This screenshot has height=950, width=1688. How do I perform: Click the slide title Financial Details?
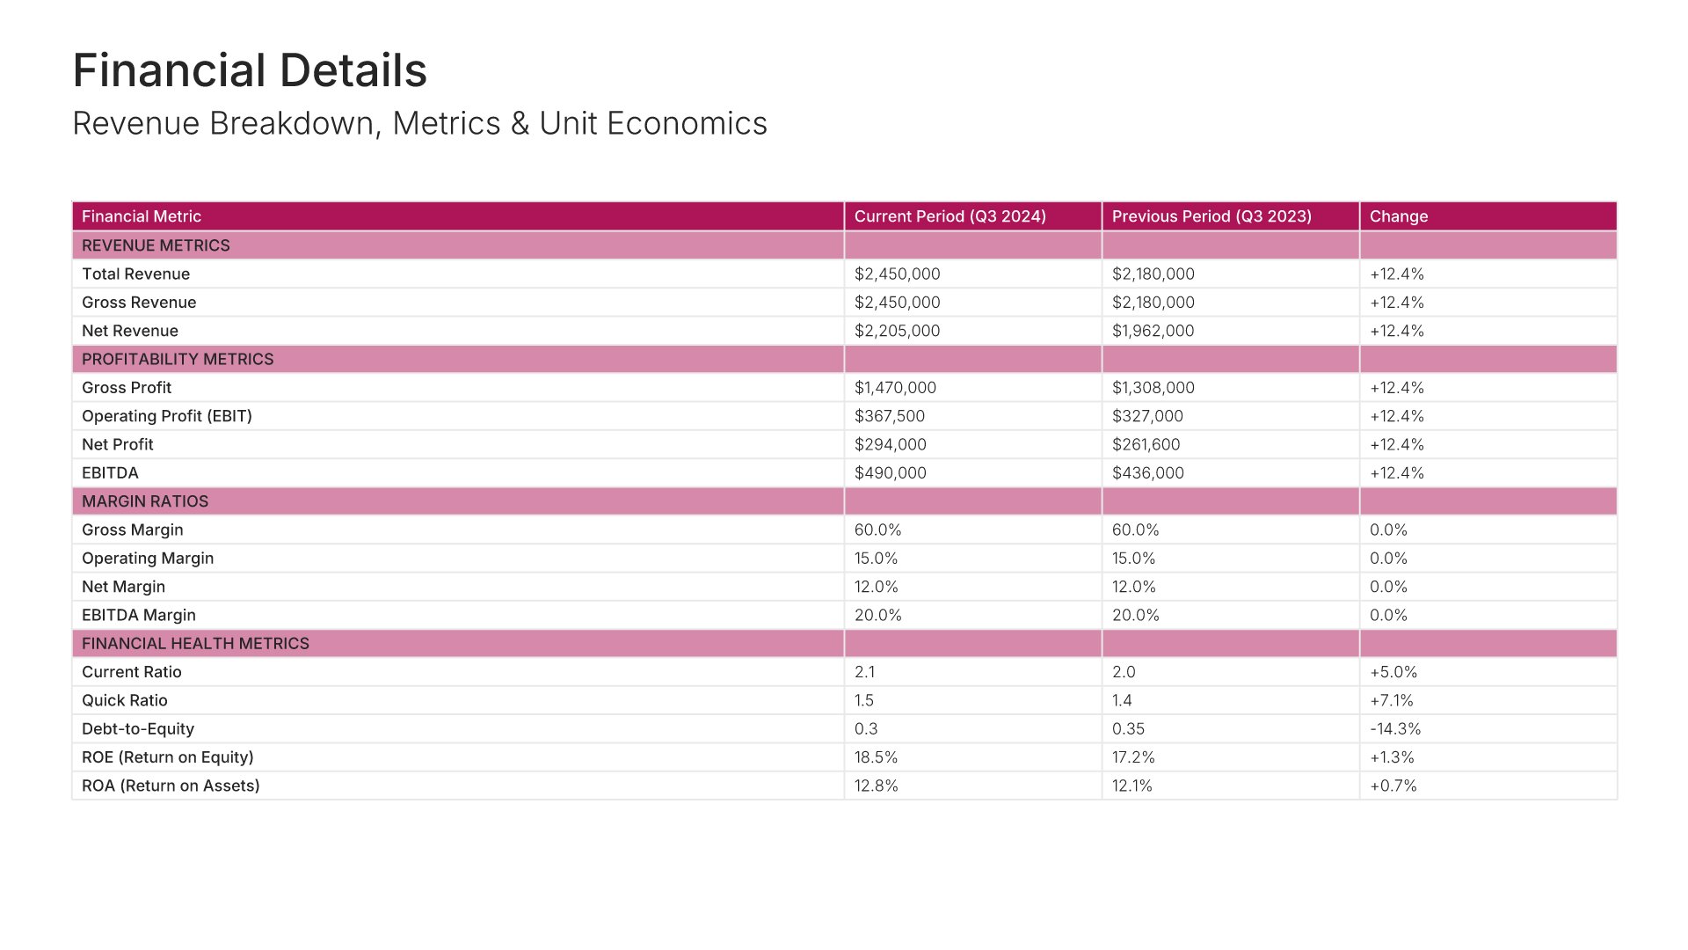click(x=250, y=70)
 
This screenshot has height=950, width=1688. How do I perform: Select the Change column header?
click(x=1399, y=216)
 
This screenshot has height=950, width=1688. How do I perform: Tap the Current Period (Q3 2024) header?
click(x=949, y=216)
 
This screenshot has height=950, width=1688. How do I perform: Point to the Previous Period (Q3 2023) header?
click(x=1211, y=216)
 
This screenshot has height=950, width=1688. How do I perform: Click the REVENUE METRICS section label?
click(x=156, y=245)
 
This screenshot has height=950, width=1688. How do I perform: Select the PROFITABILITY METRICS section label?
click(x=178, y=359)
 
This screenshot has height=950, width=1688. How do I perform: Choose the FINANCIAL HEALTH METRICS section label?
click(x=195, y=643)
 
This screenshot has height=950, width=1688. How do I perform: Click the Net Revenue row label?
click(x=130, y=331)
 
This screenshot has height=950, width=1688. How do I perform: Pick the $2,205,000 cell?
click(x=897, y=331)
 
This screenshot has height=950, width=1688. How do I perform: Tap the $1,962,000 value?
click(x=1153, y=331)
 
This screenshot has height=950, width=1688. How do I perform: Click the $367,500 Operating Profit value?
click(x=890, y=416)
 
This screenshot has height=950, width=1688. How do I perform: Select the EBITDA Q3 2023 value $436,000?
click(x=1147, y=472)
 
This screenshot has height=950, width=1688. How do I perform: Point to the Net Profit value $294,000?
click(x=891, y=444)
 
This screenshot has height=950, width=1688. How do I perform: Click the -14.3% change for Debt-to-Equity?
click(x=1395, y=728)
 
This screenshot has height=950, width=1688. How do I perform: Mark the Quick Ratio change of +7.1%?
click(x=1392, y=700)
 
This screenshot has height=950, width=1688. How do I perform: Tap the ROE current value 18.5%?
click(x=877, y=757)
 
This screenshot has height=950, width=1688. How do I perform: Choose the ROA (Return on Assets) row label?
click(x=171, y=786)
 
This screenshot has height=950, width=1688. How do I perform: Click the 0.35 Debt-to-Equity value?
click(x=1129, y=728)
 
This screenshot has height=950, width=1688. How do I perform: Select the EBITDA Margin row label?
click(x=139, y=615)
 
